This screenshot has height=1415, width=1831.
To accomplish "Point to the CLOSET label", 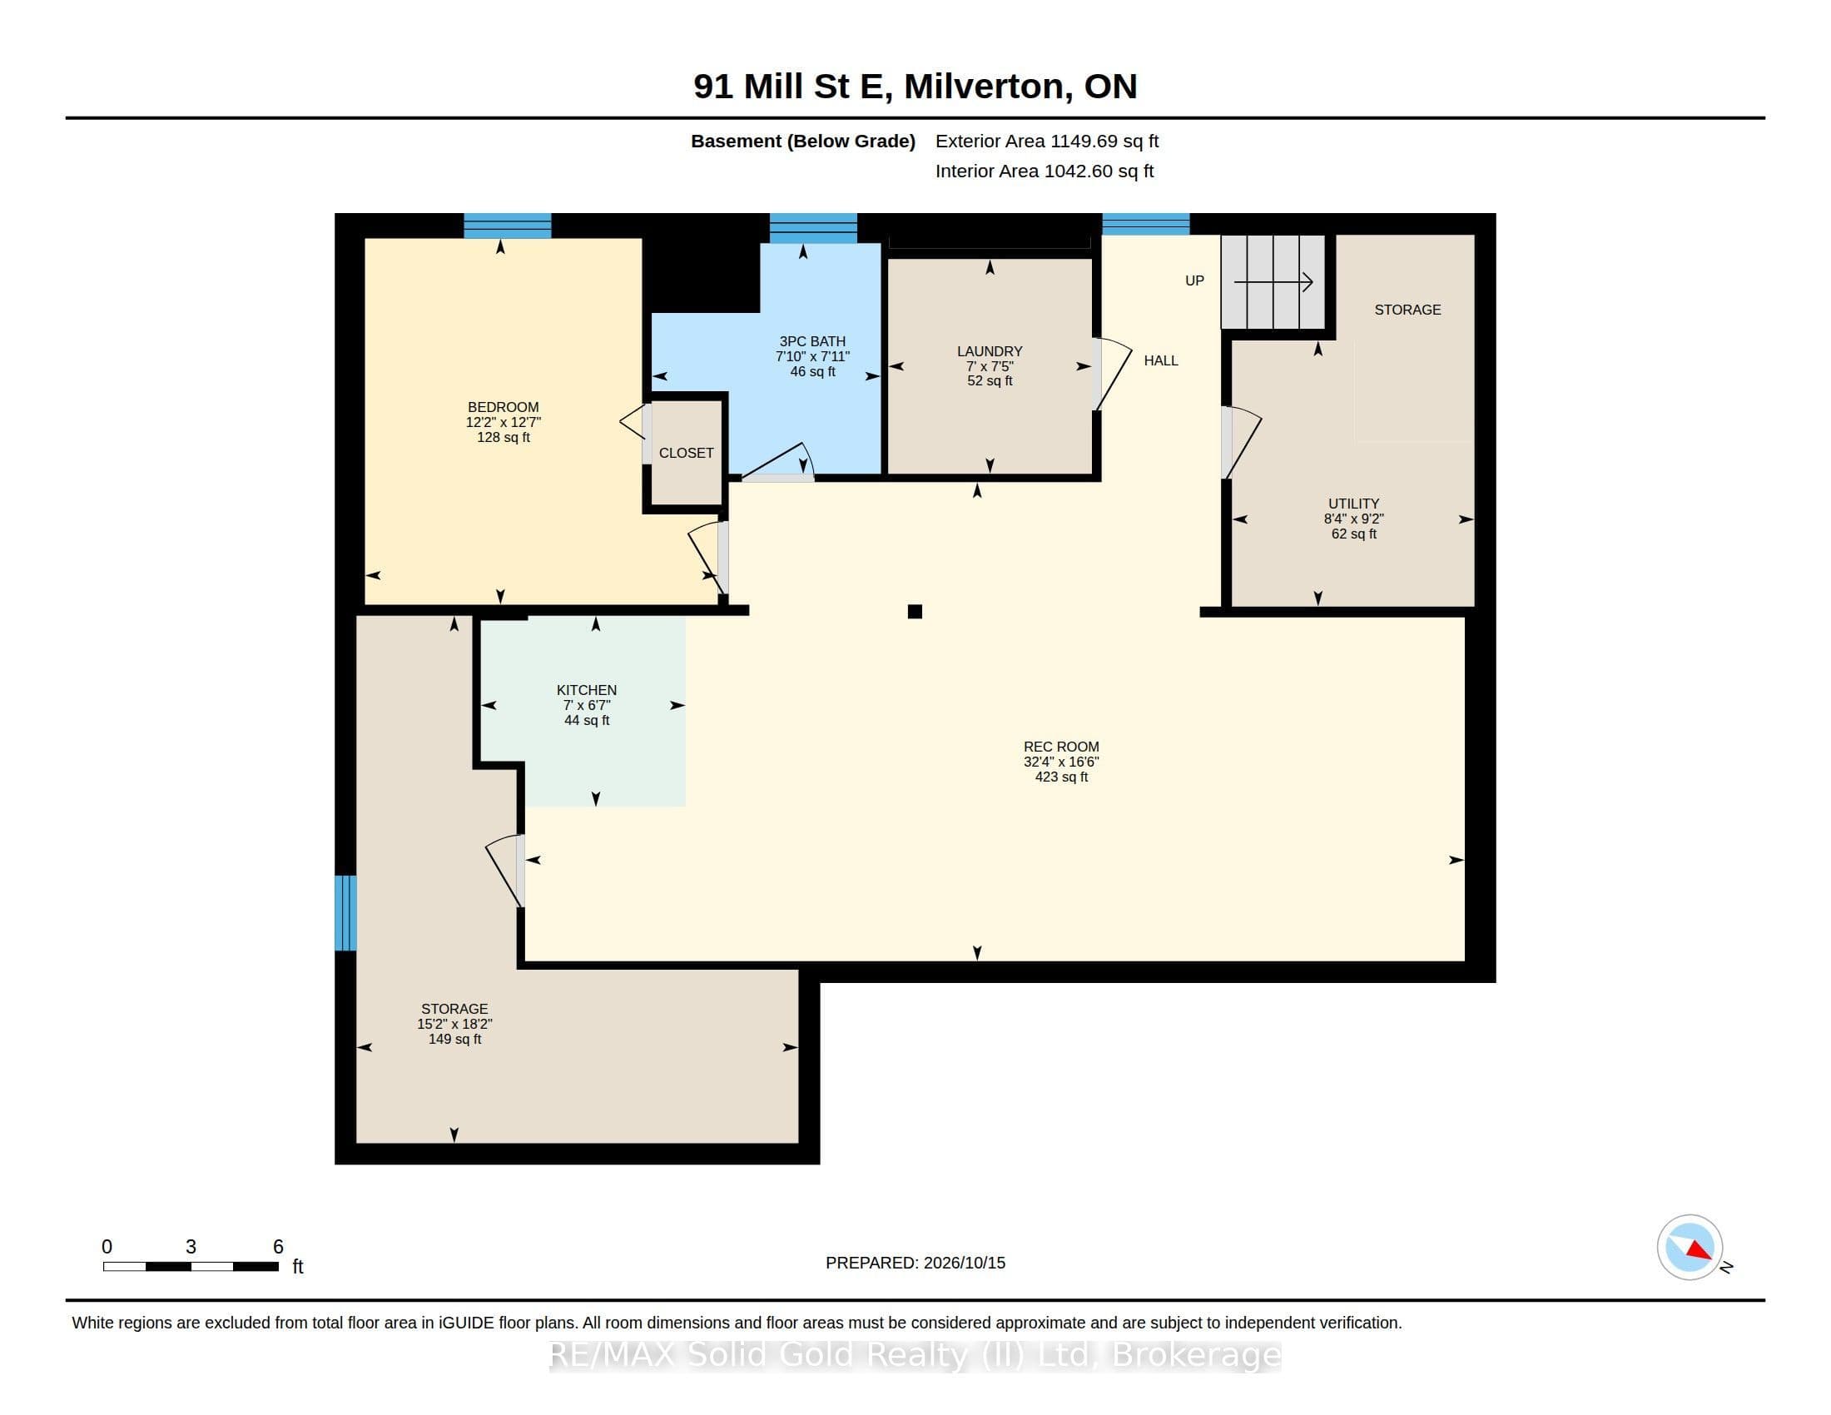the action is point(686,453).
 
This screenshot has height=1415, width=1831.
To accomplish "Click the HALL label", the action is point(1161,360).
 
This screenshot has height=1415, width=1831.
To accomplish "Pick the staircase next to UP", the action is point(1273,282).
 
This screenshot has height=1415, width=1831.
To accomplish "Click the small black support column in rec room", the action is point(915,612).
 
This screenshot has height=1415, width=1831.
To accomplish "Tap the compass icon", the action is point(1690,1248).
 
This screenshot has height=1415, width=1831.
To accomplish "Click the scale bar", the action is point(191,1267).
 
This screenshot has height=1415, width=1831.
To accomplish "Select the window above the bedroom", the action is point(507,226).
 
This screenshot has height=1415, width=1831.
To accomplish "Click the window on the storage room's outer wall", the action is point(345,913).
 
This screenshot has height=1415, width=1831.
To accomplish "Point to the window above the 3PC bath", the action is point(813,228).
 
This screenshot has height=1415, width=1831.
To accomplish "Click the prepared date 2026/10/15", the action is point(963,1263).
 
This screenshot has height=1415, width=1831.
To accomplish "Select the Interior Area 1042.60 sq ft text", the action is point(1044,171).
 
